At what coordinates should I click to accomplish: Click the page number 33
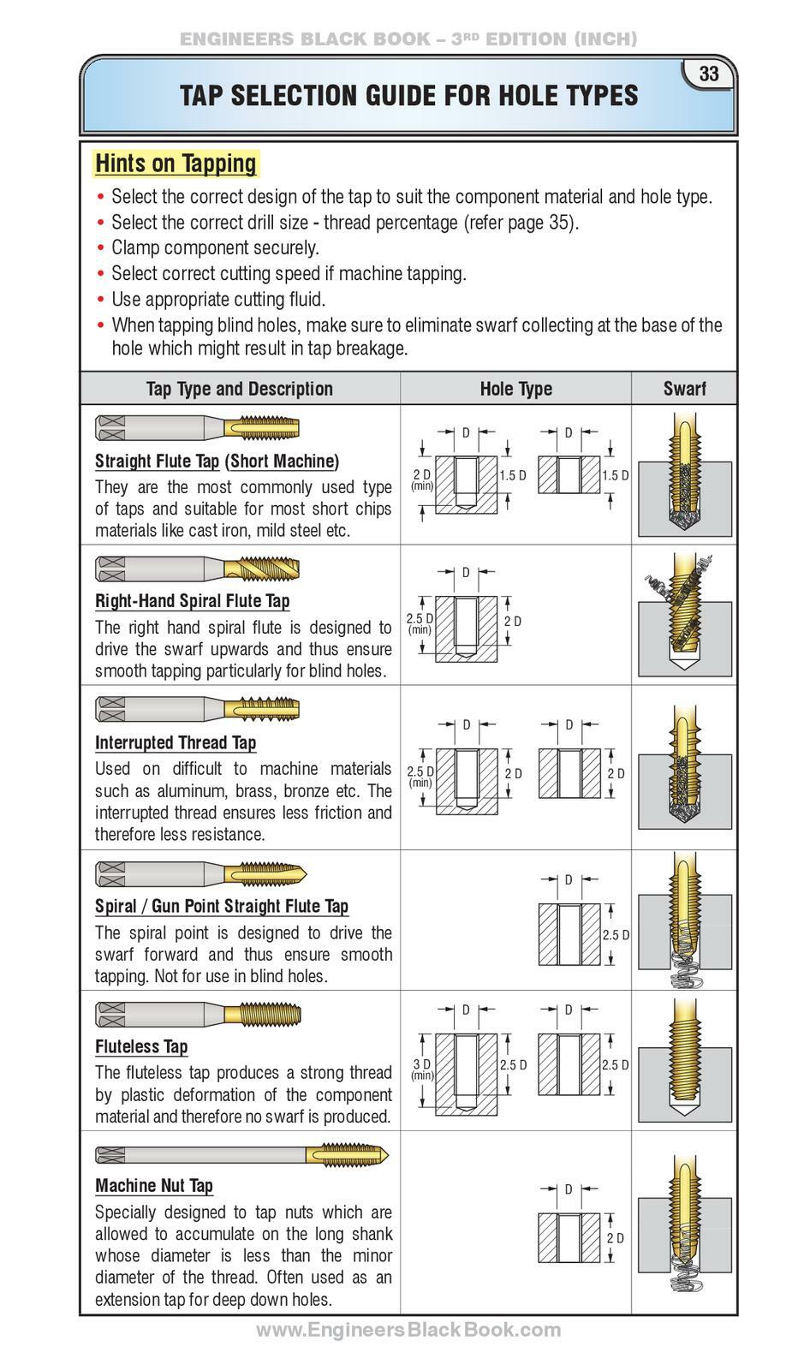(709, 74)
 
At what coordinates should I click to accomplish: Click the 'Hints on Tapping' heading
(176, 163)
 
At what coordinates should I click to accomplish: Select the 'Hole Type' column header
(515, 389)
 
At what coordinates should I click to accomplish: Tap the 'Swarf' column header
(684, 389)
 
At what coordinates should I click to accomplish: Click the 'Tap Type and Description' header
(240, 389)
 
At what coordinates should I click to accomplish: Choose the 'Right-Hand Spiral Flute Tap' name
(193, 600)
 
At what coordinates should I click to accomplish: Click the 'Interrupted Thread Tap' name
(176, 742)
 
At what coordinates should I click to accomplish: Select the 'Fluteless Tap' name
(141, 1046)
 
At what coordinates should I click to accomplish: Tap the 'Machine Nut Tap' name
(154, 1186)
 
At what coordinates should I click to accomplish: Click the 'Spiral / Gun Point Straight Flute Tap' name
(222, 906)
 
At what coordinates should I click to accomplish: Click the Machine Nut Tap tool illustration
(241, 1154)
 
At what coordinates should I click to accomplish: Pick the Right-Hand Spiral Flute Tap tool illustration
(197, 567)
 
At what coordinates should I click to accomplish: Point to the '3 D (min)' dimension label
(422, 1069)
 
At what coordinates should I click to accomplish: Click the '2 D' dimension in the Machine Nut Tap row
(616, 1238)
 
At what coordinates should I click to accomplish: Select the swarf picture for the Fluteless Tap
(684, 1060)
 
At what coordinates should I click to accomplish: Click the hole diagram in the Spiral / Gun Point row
(569, 933)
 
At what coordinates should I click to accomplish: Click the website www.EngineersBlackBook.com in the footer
(408, 1330)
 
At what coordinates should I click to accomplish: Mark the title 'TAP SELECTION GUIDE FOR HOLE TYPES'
(409, 96)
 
